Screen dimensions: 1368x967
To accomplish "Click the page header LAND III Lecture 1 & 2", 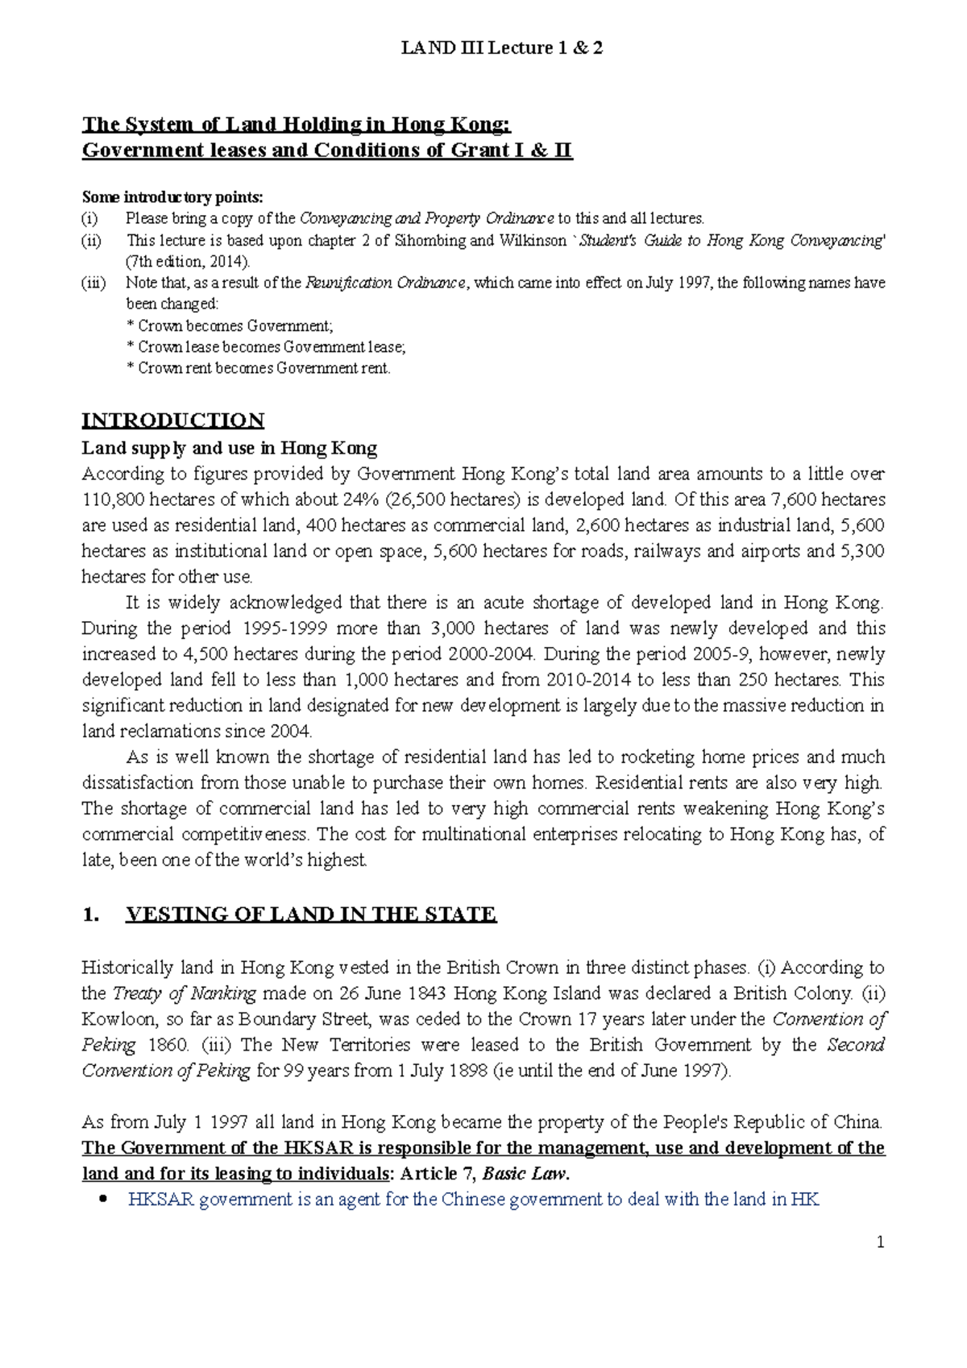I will coord(501,48).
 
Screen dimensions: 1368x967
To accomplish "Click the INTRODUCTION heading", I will coord(172,421).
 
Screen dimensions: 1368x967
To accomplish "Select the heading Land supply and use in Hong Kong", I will coord(229,448).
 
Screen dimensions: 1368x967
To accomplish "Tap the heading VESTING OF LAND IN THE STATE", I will coord(310,914).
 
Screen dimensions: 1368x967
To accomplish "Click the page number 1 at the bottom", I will coord(880,1242).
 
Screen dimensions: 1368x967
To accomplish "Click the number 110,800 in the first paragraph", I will coord(113,500).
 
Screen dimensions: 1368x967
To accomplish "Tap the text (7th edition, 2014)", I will coord(188,261).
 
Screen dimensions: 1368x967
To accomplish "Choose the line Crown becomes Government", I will coord(230,325).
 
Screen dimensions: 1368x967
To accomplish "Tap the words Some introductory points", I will coord(172,197).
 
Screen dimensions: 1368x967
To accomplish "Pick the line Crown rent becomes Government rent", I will coord(259,368).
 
